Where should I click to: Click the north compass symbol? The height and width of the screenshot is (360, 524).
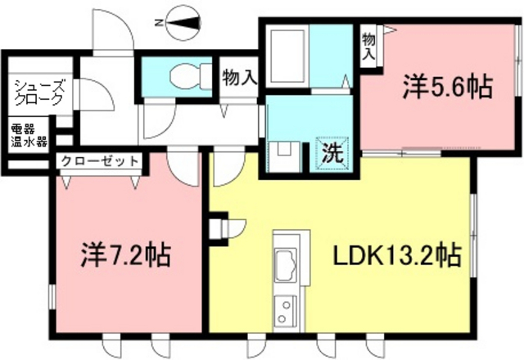183,24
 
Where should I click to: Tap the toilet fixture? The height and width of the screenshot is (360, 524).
190,77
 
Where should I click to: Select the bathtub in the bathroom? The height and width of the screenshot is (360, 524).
287,56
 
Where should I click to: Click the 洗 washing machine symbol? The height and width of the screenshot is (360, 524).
333,153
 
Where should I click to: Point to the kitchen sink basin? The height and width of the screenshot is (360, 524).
286,265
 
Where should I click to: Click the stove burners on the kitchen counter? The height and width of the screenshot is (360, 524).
285,310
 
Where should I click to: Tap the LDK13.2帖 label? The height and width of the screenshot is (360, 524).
397,255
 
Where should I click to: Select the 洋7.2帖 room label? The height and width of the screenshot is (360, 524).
126,255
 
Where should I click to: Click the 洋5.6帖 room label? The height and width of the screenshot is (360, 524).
448,87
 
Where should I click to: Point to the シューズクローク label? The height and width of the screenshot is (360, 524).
39,92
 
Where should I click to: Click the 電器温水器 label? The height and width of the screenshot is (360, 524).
29,136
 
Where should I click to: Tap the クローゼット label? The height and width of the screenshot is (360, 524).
100,161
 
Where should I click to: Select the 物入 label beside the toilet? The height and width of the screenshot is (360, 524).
240,78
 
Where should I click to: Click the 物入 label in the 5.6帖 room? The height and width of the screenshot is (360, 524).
369,46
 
